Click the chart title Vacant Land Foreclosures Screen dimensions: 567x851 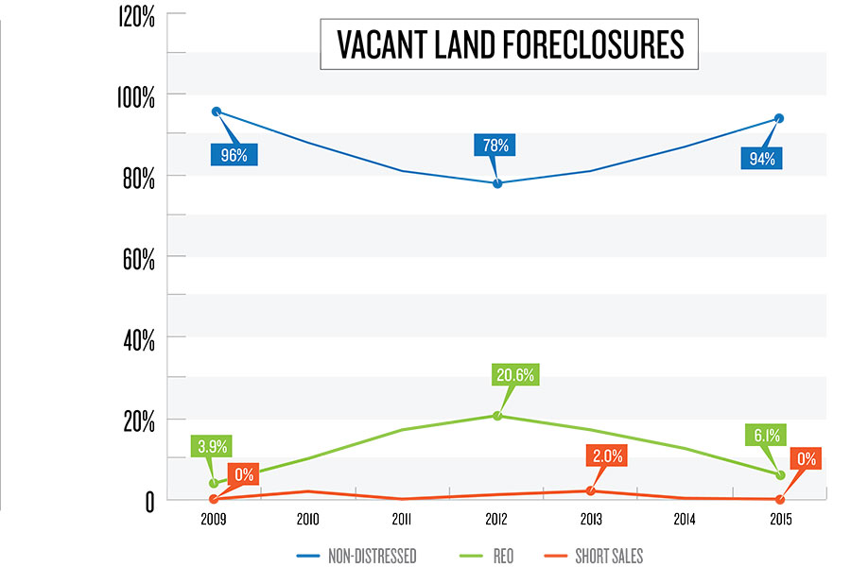point(510,44)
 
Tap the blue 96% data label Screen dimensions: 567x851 point(234,155)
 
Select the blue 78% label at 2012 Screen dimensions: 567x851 point(497,146)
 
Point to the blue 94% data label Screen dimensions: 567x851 point(762,158)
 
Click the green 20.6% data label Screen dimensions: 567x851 point(514,375)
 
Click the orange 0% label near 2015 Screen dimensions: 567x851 point(807,460)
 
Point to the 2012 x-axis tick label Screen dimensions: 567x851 point(497,519)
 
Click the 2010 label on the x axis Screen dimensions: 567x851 point(308,519)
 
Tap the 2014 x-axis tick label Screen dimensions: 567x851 point(685,519)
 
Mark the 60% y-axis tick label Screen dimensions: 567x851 point(136,258)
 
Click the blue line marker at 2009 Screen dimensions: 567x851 point(216,112)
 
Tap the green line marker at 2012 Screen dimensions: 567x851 point(497,416)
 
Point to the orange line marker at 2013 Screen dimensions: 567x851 point(591,490)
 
